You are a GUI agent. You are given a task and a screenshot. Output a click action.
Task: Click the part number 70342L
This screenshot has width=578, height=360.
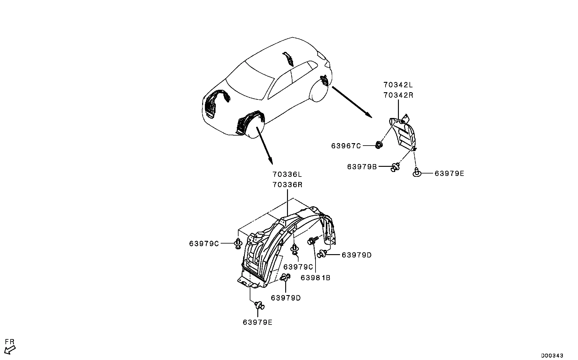click(398, 85)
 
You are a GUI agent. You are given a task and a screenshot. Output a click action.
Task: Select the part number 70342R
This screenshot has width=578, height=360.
click(398, 95)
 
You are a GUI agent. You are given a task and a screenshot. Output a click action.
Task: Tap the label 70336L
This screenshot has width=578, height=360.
click(287, 175)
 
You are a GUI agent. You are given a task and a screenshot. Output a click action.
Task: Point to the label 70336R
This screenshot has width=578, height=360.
click(287, 185)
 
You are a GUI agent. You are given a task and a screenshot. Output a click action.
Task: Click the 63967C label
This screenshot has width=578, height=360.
click(346, 146)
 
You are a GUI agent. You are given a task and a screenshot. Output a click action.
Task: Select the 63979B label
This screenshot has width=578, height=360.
click(362, 167)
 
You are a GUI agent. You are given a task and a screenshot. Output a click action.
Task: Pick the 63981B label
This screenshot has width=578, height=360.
click(316, 278)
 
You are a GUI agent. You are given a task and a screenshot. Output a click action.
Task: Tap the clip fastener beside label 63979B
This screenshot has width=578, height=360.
click(395, 167)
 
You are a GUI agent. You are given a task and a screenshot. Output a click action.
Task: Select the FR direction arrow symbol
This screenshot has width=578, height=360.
click(11, 350)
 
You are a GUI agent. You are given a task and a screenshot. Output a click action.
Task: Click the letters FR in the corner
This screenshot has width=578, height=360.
click(10, 342)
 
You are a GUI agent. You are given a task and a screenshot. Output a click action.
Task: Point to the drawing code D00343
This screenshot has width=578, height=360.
click(552, 355)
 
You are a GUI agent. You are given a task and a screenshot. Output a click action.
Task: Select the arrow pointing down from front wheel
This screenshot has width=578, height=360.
click(265, 146)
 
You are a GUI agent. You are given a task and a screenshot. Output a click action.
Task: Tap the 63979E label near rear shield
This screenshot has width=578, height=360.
click(449, 173)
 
